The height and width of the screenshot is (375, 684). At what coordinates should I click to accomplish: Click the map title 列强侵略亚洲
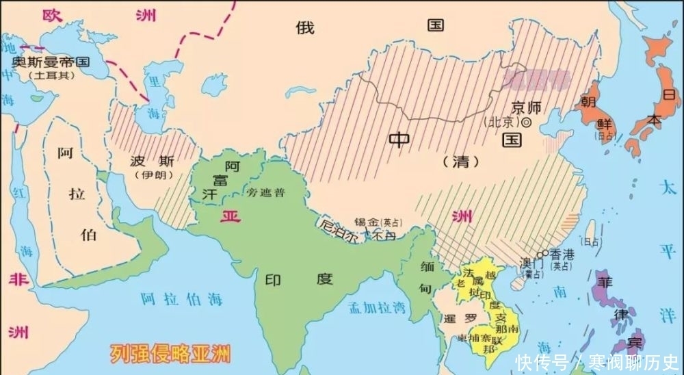point(171,354)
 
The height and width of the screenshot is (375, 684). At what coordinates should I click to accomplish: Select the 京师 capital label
point(526,107)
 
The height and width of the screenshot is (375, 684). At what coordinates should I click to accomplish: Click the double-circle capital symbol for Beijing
point(527,122)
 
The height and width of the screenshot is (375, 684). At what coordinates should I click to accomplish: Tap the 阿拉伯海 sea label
point(181,299)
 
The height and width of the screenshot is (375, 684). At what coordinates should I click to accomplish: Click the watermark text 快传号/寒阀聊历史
point(596,361)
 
